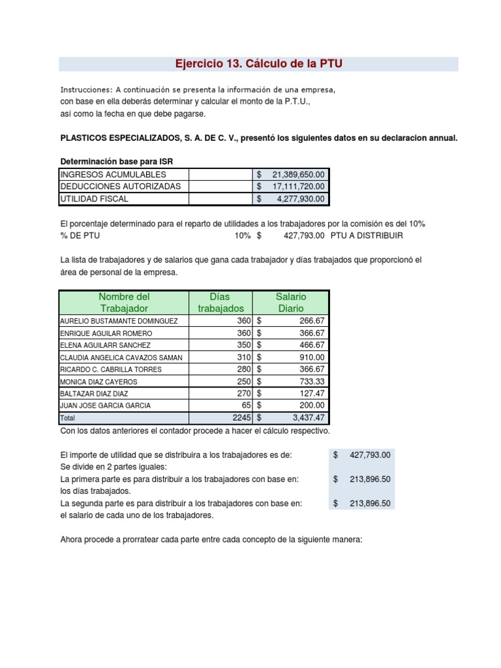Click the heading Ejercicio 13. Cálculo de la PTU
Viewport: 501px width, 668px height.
258,63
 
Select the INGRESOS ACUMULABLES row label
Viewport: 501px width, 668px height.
113,174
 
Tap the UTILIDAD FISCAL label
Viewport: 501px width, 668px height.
95,198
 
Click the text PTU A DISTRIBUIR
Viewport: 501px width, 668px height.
367,235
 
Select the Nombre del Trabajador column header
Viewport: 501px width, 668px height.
124,302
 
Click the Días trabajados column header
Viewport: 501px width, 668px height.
220,302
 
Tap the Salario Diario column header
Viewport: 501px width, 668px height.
291,302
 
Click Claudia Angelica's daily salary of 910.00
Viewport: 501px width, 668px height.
312,357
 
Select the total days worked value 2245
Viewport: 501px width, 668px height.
239,417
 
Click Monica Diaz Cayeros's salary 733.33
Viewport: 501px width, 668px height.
311,381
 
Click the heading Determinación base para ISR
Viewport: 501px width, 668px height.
117,161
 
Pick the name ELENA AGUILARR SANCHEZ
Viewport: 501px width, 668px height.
105,345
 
